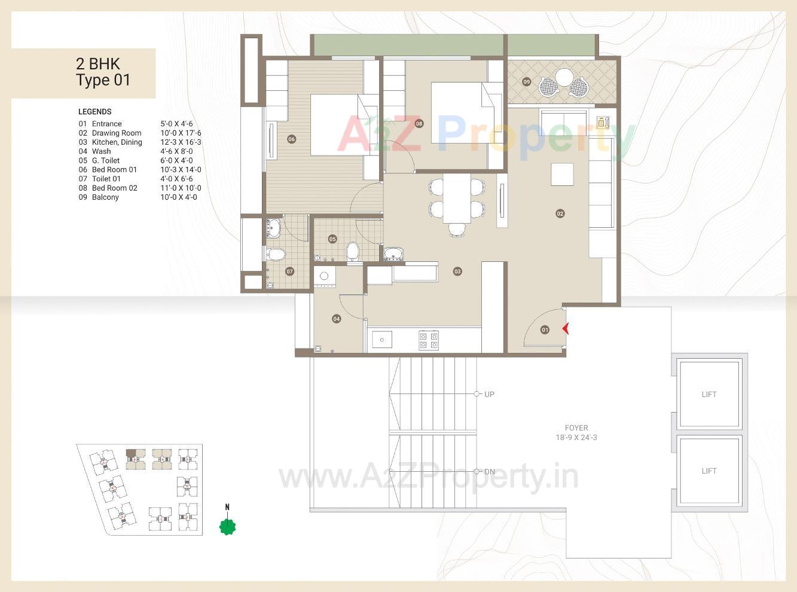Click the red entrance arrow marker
coord(566,329)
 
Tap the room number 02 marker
coord(560,213)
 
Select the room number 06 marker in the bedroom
coord(291,139)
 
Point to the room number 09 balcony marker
coord(526,82)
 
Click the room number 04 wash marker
coord(337,319)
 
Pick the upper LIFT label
coord(709,394)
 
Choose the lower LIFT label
coord(709,471)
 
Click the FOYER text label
coord(576,428)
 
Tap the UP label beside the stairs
coord(489,394)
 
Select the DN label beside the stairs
coord(489,472)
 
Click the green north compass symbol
coord(227,526)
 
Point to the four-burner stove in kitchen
coord(429,340)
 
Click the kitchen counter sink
coord(382,340)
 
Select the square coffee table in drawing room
coord(562,174)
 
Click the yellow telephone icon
coord(603,123)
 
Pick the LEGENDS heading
coord(95,112)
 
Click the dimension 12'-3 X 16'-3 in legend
coord(181,142)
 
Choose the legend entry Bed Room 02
coord(114,188)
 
